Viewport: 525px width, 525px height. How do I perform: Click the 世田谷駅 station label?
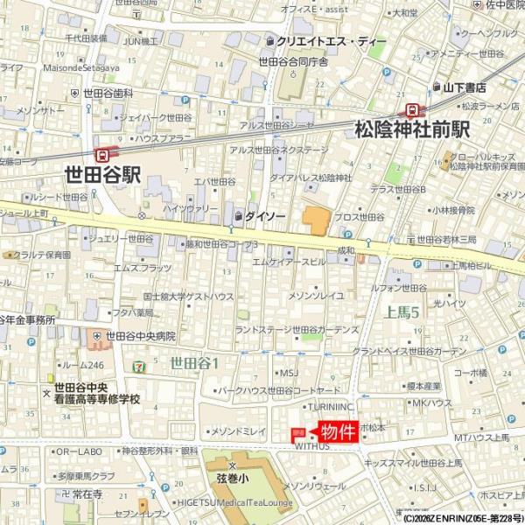tap(102, 174)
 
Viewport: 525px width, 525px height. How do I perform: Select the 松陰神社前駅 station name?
tap(412, 129)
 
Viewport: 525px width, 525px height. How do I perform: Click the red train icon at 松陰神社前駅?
tap(410, 109)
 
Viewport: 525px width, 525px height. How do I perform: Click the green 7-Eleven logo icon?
tap(140, 361)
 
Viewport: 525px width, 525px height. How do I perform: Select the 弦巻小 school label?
tap(232, 479)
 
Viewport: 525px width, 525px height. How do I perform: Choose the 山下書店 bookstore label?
tap(464, 87)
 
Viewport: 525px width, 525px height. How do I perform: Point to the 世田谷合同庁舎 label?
tap(292, 62)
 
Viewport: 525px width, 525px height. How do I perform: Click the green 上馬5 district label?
tap(402, 312)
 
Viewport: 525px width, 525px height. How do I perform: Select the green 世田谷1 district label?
tap(194, 361)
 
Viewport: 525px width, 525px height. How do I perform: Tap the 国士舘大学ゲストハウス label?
tap(188, 297)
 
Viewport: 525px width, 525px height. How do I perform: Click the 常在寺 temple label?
tap(87, 494)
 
